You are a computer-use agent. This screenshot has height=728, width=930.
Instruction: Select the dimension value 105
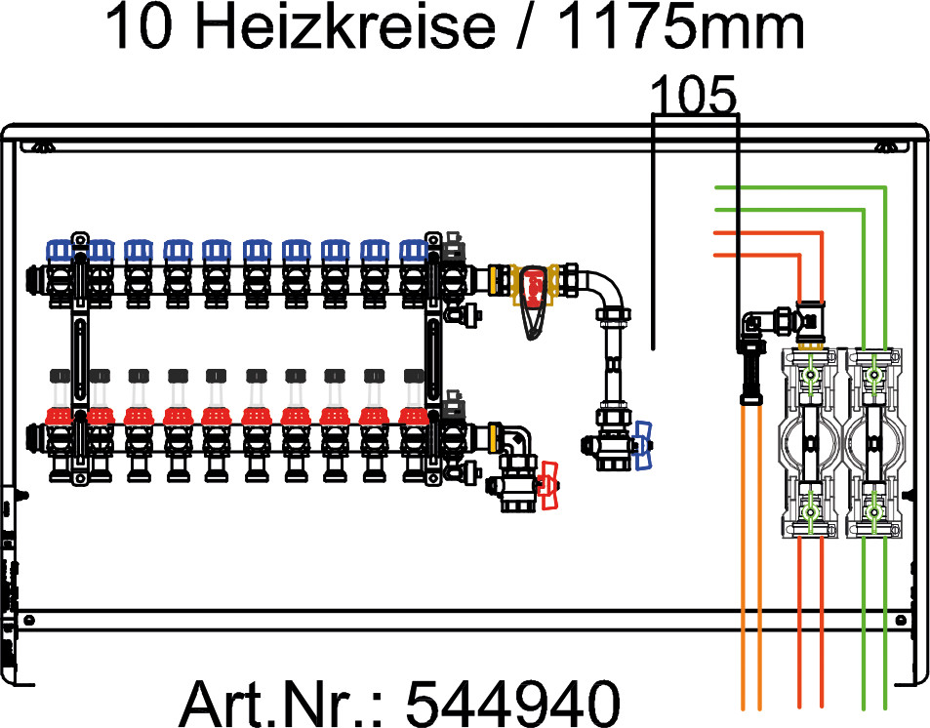pos(691,96)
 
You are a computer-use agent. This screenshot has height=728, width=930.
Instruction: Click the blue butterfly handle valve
pos(642,446)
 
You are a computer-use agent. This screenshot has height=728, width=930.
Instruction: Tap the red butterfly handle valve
pos(550,484)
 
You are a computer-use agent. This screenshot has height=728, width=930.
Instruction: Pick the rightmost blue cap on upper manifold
pos(414,251)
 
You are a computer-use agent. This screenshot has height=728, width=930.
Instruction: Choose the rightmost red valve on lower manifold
pos(414,419)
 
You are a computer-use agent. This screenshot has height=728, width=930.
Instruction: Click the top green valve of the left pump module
pos(810,374)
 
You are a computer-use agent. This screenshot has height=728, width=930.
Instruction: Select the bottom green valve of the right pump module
pos(875,509)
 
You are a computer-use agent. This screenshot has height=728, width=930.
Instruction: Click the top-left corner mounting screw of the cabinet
pos(42,146)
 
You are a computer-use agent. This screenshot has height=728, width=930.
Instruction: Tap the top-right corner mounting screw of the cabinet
pos(886,146)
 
